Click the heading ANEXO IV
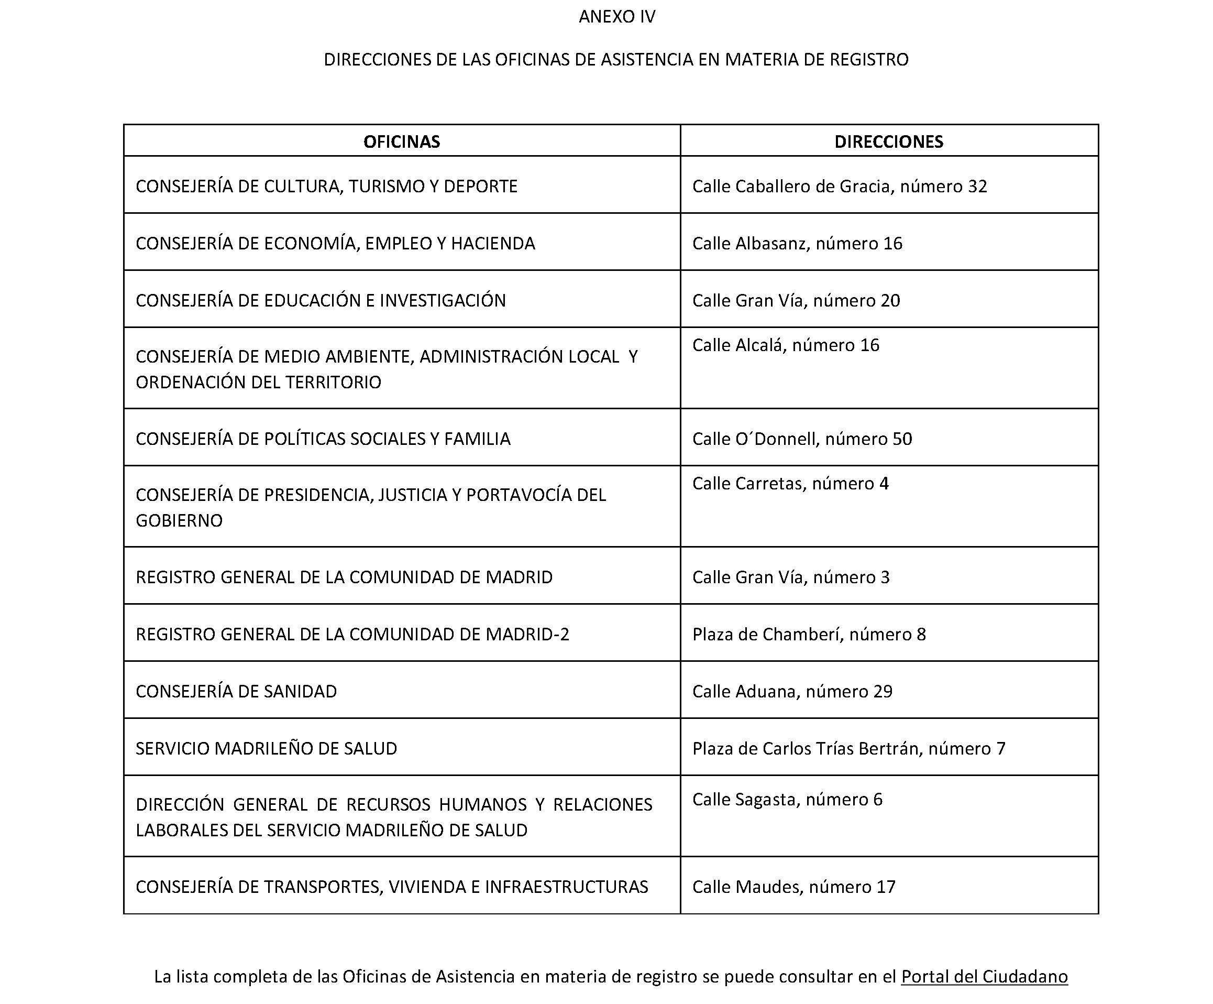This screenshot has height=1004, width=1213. (617, 17)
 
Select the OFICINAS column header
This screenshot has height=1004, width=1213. (401, 141)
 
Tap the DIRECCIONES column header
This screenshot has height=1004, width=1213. (888, 141)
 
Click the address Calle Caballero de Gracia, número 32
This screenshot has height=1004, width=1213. (839, 186)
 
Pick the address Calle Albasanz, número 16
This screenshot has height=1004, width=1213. (797, 243)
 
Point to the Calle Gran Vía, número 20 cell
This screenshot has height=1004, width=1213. (796, 301)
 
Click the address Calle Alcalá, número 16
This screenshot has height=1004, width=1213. (786, 345)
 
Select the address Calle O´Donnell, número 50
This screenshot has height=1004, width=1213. (802, 439)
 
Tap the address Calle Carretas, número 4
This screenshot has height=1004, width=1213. (790, 483)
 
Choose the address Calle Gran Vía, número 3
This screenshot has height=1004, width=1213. (791, 577)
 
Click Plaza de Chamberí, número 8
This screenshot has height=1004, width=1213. (809, 634)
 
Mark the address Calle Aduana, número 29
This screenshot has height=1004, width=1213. (792, 691)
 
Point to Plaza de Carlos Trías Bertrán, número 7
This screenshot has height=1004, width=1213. (848, 748)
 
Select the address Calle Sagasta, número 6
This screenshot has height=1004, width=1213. (787, 800)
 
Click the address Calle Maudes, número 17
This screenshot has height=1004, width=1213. (793, 887)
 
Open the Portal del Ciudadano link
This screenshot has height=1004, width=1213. (984, 976)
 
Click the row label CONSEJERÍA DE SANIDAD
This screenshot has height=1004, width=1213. (236, 691)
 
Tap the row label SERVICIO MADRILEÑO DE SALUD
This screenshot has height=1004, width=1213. (266, 748)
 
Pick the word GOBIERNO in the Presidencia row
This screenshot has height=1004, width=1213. (179, 520)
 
